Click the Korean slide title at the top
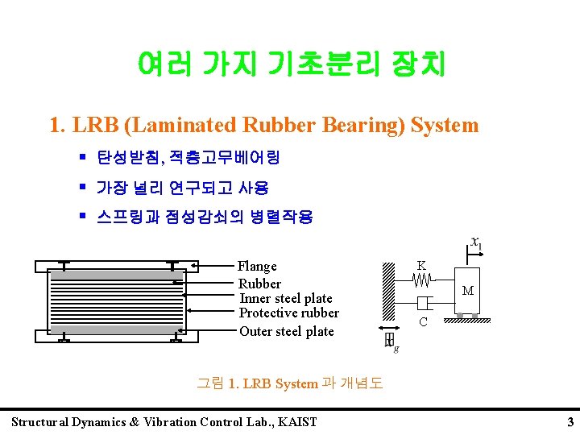[291, 63]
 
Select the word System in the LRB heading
[445, 126]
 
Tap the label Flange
[257, 266]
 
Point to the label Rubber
[259, 284]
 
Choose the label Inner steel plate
[286, 298]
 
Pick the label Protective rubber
[289, 313]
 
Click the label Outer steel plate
[286, 331]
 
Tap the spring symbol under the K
[423, 280]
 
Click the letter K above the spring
[421, 265]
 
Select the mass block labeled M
[467, 291]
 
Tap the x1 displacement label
[476, 242]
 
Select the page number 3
[570, 422]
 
